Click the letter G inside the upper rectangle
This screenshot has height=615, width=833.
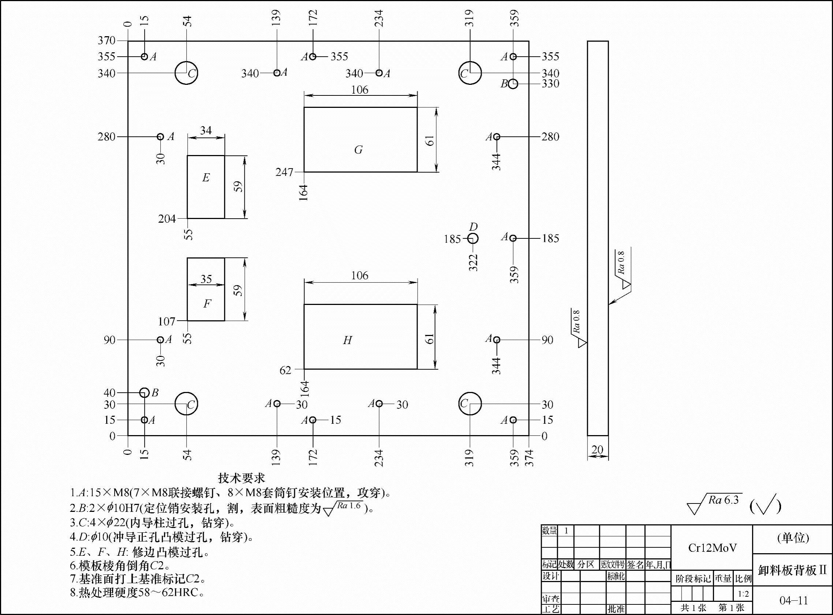click(358, 150)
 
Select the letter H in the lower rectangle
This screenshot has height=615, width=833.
click(347, 340)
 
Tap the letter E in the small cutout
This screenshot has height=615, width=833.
click(206, 178)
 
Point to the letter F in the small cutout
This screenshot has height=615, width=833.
click(207, 304)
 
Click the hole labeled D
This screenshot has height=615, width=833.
click(473, 238)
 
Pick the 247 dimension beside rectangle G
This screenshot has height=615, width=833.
click(284, 172)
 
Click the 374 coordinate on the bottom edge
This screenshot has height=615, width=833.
click(529, 458)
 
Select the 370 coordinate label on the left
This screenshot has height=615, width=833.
click(107, 41)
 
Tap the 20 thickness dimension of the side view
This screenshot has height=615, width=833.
click(597, 450)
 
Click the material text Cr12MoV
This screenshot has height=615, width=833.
click(712, 548)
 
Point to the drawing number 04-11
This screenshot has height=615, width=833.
click(793, 600)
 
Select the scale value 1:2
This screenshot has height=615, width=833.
click(743, 594)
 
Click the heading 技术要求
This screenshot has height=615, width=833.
click(242, 478)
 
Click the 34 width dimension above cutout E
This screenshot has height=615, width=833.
click(206, 130)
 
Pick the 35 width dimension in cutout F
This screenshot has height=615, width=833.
click(206, 279)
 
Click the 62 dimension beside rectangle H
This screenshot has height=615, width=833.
click(285, 370)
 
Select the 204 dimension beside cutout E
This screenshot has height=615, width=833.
click(167, 219)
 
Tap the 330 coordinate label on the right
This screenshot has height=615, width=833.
click(550, 84)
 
